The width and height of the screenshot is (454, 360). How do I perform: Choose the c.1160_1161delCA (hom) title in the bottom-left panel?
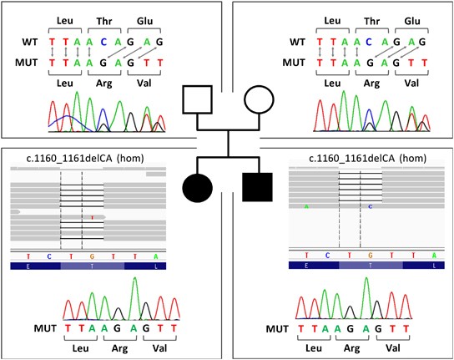(84, 158)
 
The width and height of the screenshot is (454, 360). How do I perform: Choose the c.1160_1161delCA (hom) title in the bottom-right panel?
(360, 158)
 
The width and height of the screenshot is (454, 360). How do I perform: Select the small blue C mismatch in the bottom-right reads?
(371, 205)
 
